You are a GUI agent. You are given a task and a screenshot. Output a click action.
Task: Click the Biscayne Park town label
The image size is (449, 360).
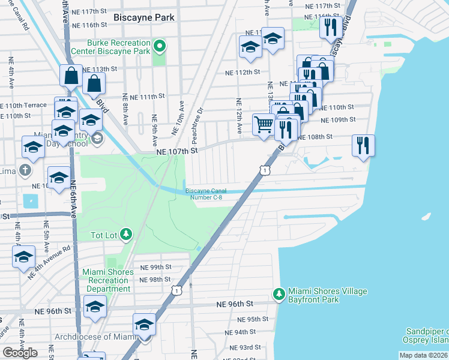click(144, 17)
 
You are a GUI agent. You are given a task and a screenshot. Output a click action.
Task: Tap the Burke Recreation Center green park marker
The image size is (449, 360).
click(159, 45)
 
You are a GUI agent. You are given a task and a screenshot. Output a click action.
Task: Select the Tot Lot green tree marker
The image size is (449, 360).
click(126, 233)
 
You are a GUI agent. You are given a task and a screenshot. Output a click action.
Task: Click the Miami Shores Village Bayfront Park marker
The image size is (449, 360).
click(279, 293)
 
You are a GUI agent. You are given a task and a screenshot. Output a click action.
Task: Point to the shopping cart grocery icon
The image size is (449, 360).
click(264, 125)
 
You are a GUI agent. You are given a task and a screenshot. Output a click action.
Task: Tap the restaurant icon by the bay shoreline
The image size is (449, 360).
click(363, 145)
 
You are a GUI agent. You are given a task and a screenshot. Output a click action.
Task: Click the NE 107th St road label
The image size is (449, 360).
click(176, 152)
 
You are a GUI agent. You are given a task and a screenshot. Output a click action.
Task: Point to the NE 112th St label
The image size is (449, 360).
click(242, 72)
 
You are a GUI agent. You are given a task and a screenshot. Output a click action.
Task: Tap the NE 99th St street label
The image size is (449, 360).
click(155, 267)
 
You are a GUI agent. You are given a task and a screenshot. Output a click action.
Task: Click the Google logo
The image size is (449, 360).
click(20, 353)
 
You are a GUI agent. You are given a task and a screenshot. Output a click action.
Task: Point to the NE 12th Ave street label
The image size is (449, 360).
click(239, 116)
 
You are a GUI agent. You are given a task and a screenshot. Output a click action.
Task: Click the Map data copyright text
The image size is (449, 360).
click(424, 355)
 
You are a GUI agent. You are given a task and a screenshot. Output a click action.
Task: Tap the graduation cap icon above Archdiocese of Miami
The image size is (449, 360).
click(144, 325)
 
